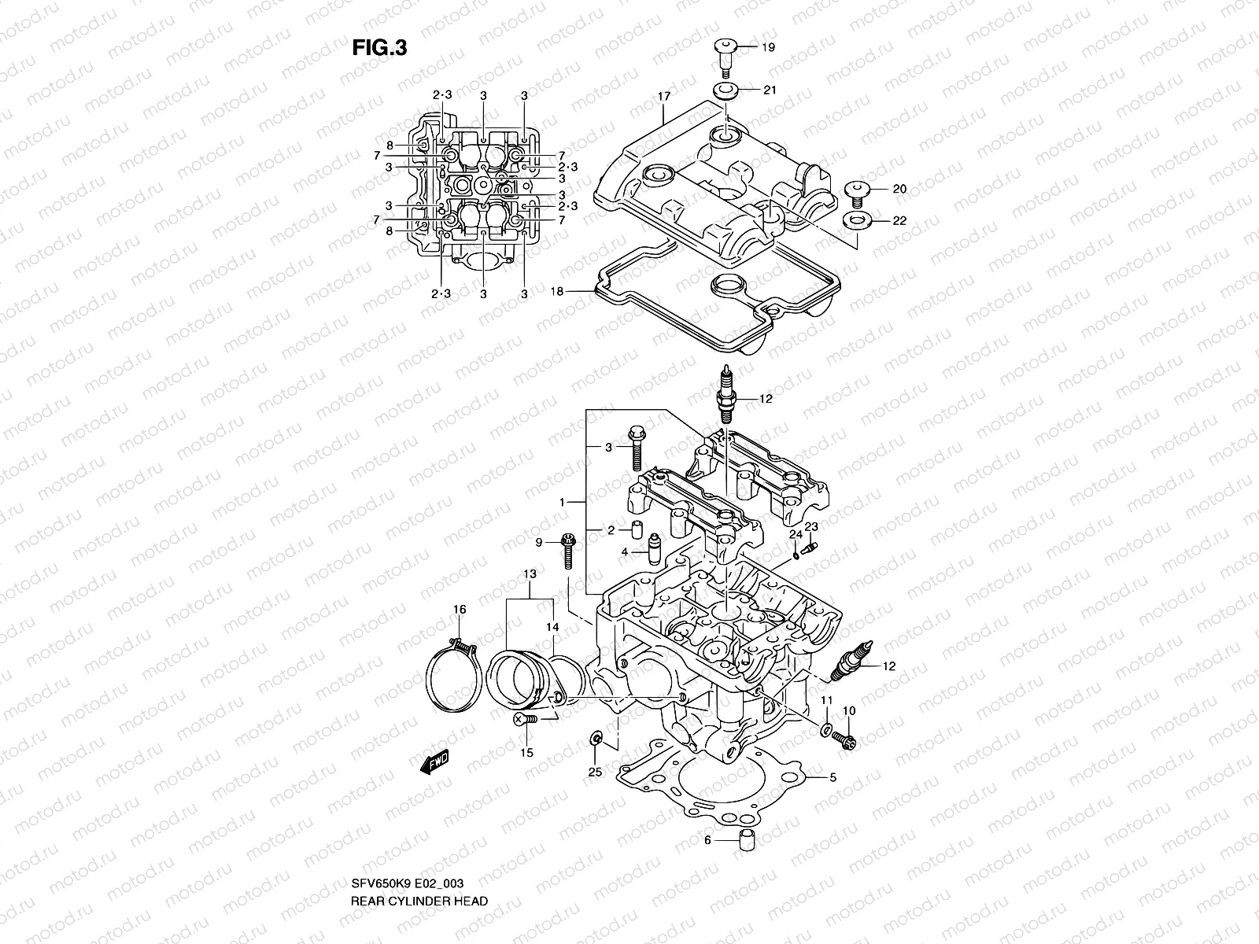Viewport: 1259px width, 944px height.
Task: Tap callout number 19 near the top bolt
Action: coord(768,48)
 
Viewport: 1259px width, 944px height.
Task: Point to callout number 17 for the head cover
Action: coord(663,97)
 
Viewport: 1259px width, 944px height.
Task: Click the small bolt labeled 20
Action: coord(856,192)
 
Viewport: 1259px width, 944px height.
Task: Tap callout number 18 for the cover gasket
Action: coord(556,291)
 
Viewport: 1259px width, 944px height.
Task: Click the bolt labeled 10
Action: coord(847,739)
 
